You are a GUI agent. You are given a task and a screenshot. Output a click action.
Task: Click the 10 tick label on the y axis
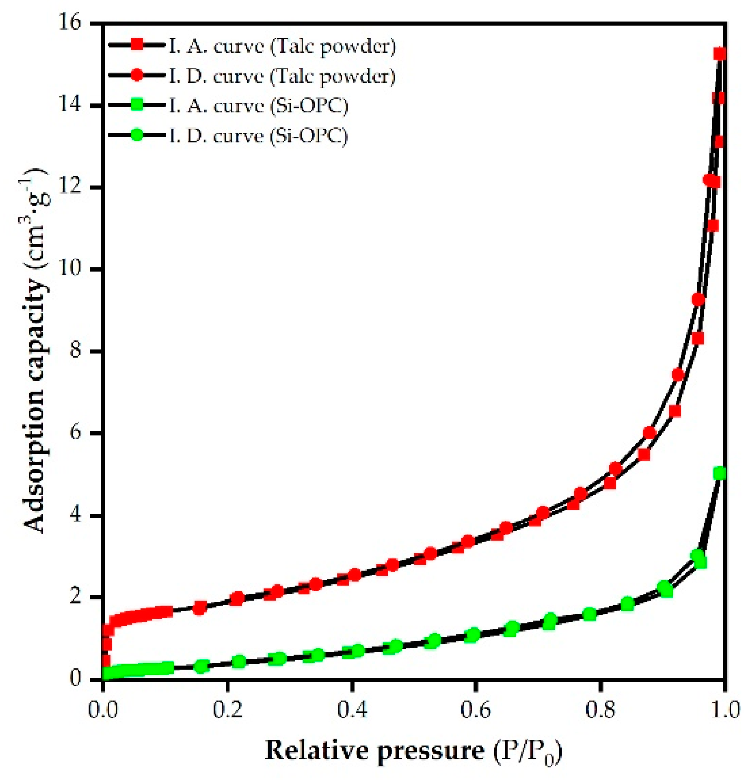coord(69,269)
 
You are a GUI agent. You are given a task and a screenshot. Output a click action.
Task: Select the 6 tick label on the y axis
coord(75,433)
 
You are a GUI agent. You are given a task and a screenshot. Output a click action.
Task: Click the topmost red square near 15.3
coord(720,54)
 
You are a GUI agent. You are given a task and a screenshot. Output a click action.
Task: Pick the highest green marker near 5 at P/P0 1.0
coord(719,474)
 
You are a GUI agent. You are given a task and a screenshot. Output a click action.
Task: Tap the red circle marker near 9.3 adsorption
coord(698,299)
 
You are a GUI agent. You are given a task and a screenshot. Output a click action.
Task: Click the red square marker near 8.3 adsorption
coord(698,338)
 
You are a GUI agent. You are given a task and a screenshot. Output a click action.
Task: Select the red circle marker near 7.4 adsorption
coord(678,374)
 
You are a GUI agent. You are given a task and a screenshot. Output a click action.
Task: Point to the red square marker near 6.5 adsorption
coord(675,411)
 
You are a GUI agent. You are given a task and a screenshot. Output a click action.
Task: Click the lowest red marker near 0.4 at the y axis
coord(105,661)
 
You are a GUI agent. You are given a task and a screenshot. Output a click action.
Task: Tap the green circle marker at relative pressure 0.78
coord(589,614)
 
